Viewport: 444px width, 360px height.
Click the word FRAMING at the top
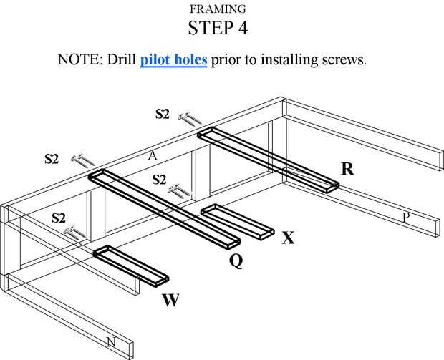click(222, 9)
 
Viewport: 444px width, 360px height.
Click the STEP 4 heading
click(222, 29)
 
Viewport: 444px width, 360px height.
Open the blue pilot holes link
click(173, 59)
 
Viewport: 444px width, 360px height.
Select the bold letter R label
click(347, 170)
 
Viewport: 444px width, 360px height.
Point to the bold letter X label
click(288, 238)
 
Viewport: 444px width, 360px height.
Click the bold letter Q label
click(236, 261)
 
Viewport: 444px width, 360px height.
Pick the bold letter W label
click(170, 301)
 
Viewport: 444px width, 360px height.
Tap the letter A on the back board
click(152, 155)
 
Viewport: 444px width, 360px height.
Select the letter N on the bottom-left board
click(111, 343)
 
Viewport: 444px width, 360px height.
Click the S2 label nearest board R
click(163, 113)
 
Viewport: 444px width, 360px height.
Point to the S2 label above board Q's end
click(52, 159)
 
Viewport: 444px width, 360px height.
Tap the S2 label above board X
click(159, 179)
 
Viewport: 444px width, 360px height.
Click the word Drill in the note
click(123, 59)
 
